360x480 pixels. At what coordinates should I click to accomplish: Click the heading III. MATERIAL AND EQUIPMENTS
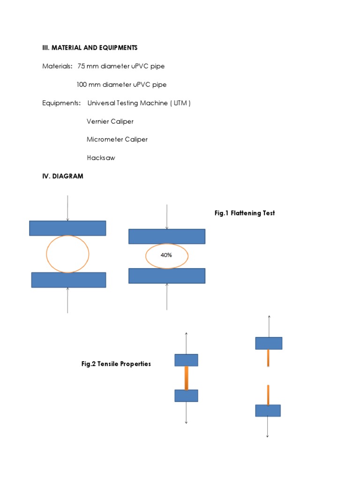pyautogui.click(x=90, y=48)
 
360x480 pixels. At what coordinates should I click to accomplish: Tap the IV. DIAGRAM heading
pyautogui.click(x=62, y=176)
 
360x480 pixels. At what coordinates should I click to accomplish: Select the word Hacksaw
pyautogui.click(x=101, y=158)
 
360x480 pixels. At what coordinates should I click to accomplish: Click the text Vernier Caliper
pyautogui.click(x=110, y=121)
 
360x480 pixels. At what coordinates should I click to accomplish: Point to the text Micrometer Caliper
pyautogui.click(x=117, y=140)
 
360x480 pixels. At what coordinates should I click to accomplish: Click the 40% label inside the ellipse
pyautogui.click(x=166, y=256)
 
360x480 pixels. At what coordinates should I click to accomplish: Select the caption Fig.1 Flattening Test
pyautogui.click(x=245, y=213)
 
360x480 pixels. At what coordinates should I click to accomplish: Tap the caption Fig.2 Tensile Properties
pyautogui.click(x=116, y=364)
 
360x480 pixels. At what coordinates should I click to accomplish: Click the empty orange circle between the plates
pyautogui.click(x=67, y=254)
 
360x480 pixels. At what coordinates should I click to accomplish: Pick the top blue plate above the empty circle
pyautogui.click(x=67, y=228)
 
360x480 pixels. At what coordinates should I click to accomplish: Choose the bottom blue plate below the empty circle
pyautogui.click(x=68, y=280)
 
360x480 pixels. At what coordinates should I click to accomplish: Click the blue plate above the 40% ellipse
pyautogui.click(x=167, y=236)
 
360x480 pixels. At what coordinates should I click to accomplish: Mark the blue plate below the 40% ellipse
pyautogui.click(x=167, y=276)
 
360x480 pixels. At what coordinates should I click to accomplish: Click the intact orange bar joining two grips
pyautogui.click(x=186, y=378)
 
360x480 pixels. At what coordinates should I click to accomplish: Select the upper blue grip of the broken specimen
pyautogui.click(x=269, y=343)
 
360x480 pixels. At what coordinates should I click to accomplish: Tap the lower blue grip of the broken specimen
pyautogui.click(x=268, y=411)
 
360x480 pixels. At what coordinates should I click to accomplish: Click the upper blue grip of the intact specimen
pyautogui.click(x=186, y=360)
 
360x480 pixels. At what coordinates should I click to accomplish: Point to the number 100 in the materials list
pyautogui.click(x=83, y=85)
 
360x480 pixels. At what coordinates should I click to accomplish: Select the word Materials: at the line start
pyautogui.click(x=57, y=67)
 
